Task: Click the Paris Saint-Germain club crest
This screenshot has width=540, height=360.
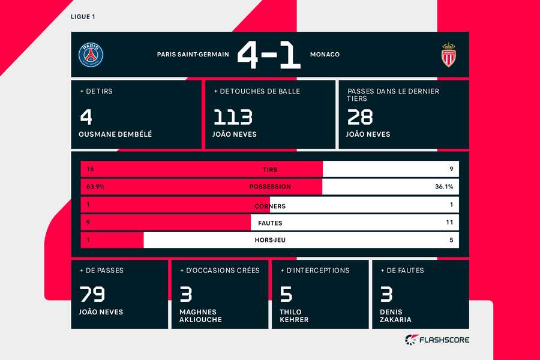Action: point(91,55)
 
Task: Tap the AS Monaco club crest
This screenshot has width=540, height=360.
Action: point(448,55)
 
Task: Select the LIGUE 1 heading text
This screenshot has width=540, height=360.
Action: point(83,17)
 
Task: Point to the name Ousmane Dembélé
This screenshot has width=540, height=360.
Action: point(115,134)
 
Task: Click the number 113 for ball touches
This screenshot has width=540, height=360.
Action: point(232,116)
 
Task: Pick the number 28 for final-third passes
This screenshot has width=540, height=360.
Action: point(359,116)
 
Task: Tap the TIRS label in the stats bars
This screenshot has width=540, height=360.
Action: point(270,170)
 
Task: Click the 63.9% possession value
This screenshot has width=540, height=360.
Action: point(95,187)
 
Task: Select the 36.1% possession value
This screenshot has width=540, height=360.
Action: point(444,187)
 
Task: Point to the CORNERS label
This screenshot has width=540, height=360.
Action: point(270,206)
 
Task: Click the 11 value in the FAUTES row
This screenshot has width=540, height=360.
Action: point(449,223)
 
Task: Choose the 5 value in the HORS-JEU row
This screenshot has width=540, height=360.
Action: point(451,240)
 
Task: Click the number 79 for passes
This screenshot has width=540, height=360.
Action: point(92,295)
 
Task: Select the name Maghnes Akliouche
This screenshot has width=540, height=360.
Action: point(200,316)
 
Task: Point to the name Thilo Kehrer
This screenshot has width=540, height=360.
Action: point(294,316)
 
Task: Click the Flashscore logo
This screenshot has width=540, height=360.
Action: point(437,340)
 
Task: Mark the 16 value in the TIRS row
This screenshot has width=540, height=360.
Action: point(91,170)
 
